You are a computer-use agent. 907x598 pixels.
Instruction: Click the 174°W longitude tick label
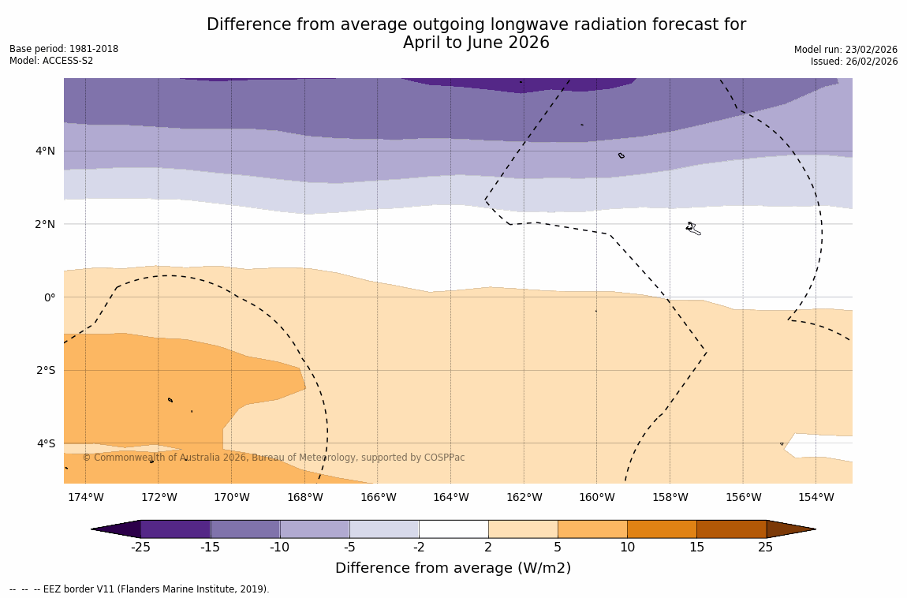85,497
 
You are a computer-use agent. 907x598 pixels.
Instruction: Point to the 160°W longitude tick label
596,497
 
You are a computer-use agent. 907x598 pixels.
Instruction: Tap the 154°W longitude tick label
816,497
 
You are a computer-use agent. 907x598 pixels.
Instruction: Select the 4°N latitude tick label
46,151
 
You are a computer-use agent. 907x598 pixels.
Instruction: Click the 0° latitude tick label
50,297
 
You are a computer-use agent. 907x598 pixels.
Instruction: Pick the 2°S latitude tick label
46,370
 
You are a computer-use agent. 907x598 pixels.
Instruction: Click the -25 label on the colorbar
140,548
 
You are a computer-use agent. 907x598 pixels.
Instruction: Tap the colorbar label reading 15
696,548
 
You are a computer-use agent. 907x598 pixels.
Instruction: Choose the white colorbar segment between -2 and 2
453,529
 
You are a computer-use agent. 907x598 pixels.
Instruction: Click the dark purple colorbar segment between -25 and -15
175,529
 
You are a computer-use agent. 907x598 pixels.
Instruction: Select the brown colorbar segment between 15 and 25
731,529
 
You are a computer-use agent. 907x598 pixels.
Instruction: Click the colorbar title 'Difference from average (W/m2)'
453,568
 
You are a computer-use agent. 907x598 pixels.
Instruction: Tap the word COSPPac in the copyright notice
446,458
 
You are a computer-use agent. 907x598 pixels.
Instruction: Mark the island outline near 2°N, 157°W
692,229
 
